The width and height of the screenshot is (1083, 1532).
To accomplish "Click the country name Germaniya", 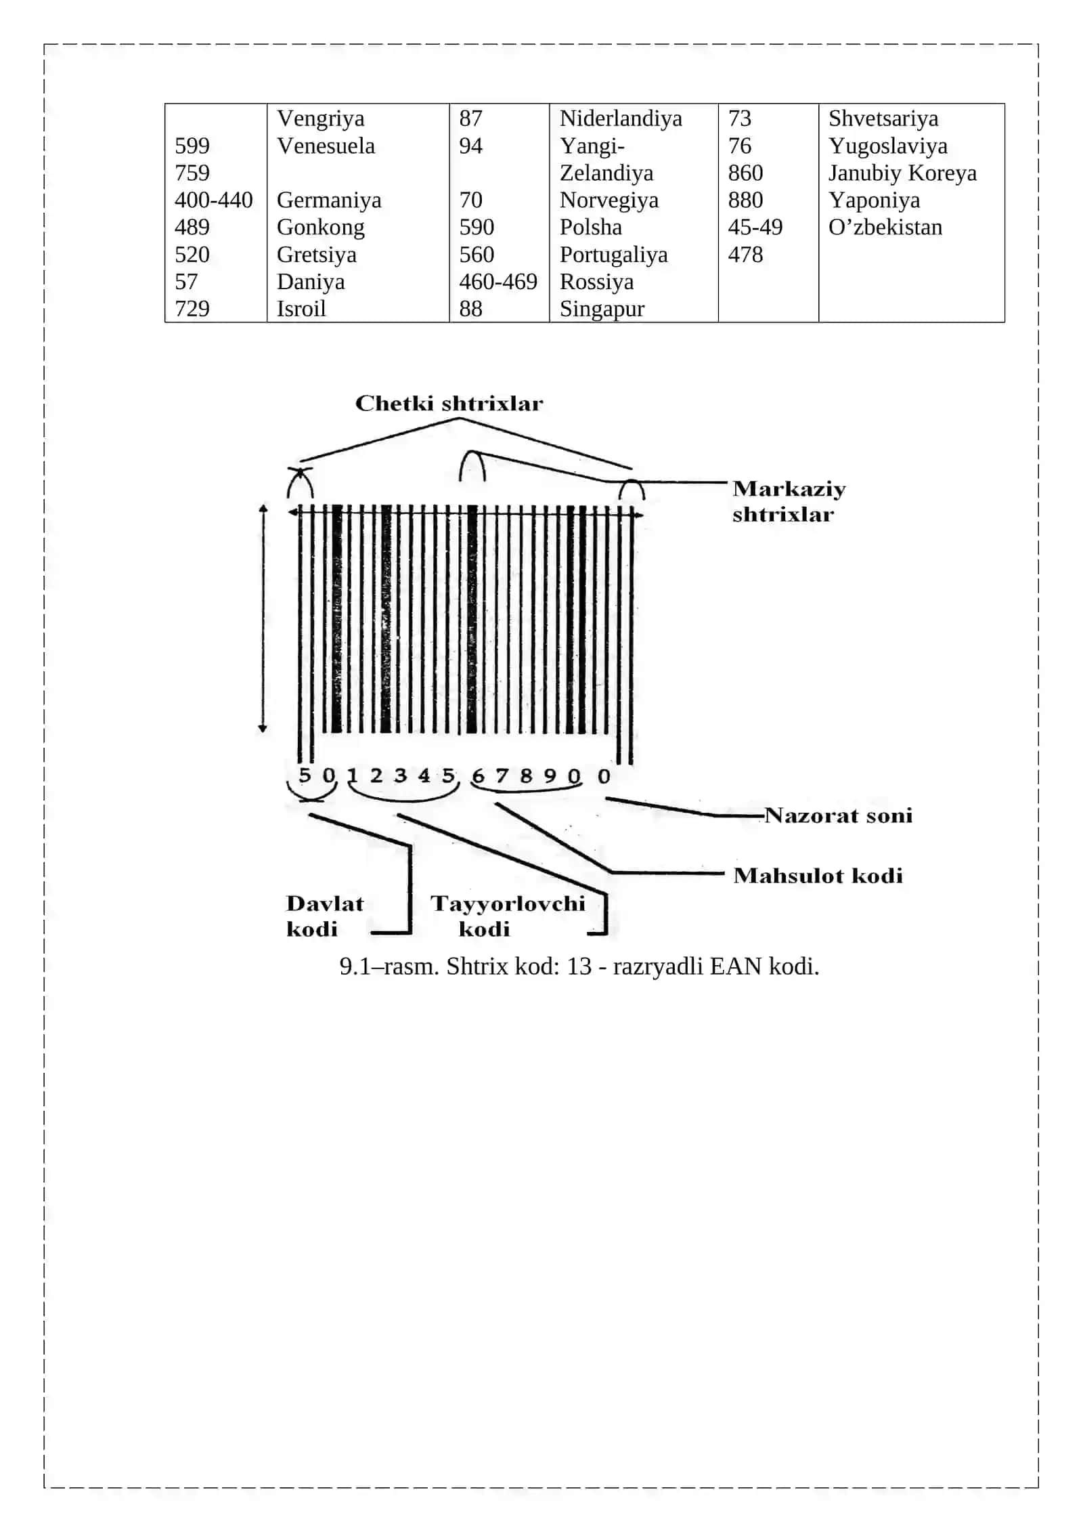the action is coord(329,200).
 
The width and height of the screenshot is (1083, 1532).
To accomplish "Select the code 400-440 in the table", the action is coord(214,200).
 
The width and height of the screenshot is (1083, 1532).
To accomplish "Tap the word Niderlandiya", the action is coord(621,119).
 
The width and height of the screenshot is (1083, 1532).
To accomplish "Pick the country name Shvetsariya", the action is coord(883,119).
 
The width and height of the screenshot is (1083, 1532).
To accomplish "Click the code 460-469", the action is coord(498,282).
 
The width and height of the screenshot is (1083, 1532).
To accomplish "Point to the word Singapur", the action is coord(602,310).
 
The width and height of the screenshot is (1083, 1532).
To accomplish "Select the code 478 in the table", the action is coord(745,255).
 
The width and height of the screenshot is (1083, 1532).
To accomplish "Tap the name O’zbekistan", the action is coord(885,228).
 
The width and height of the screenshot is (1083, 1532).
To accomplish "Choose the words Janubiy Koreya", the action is coord(903,173).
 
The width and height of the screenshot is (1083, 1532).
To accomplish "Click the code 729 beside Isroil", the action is coord(192,309).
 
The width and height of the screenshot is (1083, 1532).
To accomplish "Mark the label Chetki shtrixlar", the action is coord(449,404).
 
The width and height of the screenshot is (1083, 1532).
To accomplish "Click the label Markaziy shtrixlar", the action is coord(789,502).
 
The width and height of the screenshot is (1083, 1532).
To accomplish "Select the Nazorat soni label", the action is coord(839,815).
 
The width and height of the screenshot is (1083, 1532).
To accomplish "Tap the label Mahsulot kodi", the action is coord(818,876).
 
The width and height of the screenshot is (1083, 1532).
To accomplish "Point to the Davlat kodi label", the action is coord(325,916).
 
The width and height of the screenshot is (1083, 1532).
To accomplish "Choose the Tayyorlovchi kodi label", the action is coord(508,916).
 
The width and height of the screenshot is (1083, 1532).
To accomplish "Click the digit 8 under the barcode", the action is coord(526,775).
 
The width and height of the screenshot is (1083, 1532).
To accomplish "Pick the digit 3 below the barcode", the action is coord(401,775).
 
